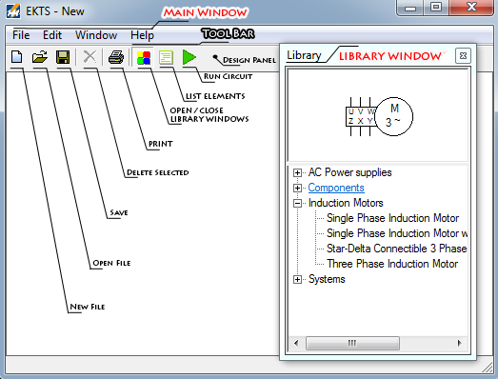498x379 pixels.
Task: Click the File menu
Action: click(x=21, y=34)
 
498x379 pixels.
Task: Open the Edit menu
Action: click(x=52, y=34)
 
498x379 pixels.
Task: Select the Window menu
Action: click(x=96, y=34)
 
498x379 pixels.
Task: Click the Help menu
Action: click(x=142, y=34)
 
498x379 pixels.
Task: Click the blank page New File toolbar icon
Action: click(x=17, y=58)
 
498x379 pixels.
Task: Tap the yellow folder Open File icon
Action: click(x=40, y=58)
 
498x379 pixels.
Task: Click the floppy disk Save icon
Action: click(x=63, y=58)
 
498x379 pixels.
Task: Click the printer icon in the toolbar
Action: click(x=116, y=58)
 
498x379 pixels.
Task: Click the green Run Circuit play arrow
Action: click(x=189, y=58)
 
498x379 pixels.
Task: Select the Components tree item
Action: click(x=335, y=188)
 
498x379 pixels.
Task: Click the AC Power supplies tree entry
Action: click(x=349, y=172)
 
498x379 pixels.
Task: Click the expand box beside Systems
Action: click(x=298, y=279)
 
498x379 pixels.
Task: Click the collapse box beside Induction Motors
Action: click(x=298, y=203)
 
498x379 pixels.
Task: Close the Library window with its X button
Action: click(x=462, y=55)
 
